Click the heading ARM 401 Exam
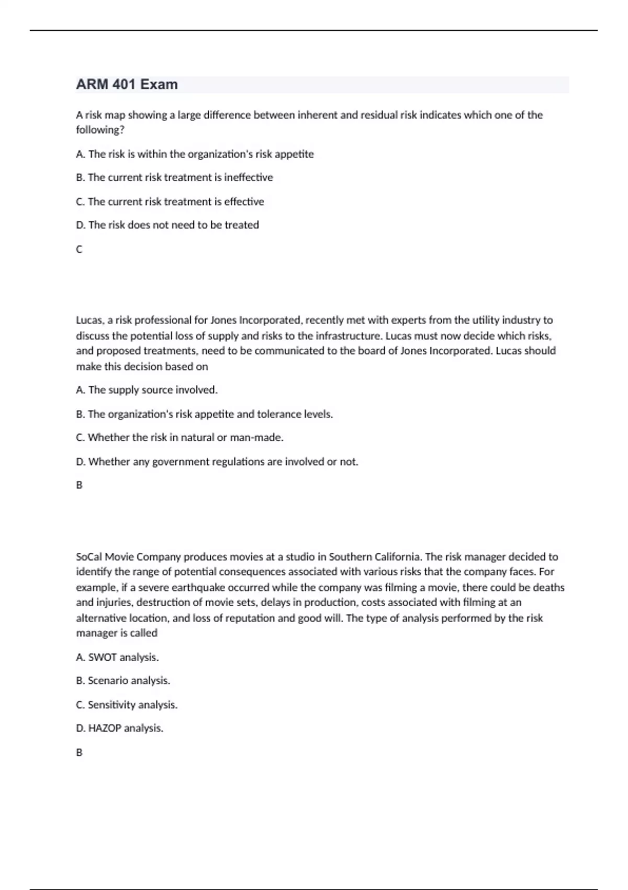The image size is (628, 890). click(127, 84)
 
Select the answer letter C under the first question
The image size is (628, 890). click(79, 250)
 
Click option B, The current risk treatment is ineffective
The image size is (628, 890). click(174, 177)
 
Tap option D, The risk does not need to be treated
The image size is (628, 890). click(167, 225)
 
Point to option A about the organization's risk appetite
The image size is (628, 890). click(195, 154)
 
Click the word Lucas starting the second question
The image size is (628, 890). click(89, 320)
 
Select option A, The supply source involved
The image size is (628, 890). click(147, 390)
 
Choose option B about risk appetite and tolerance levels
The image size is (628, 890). click(204, 414)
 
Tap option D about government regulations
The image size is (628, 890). click(217, 462)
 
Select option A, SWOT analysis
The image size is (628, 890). click(117, 657)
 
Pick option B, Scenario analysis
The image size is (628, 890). click(123, 681)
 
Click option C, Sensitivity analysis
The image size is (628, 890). click(127, 705)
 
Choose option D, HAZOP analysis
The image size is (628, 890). click(119, 728)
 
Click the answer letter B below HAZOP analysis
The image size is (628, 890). click(79, 752)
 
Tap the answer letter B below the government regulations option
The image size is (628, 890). click(79, 485)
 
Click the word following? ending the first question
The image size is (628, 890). click(100, 130)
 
